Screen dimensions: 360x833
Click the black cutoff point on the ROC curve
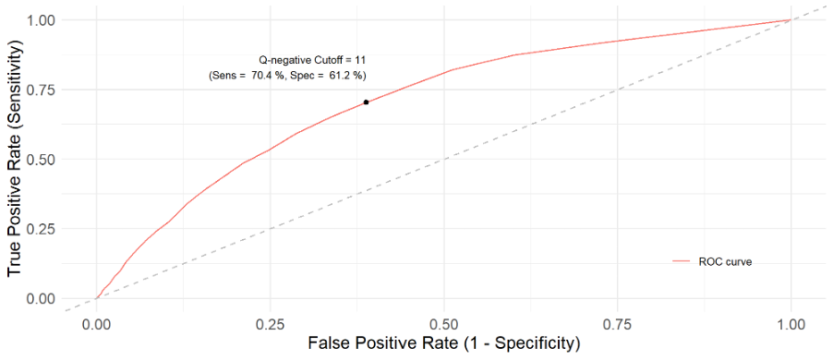(367, 102)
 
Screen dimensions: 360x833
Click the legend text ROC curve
(725, 262)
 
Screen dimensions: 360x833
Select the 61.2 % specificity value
(343, 76)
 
